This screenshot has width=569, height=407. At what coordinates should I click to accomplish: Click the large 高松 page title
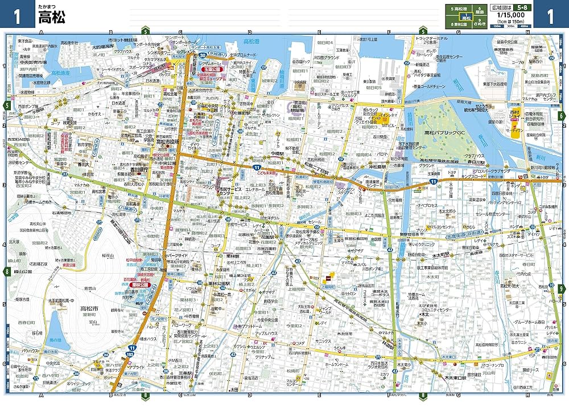[51, 17]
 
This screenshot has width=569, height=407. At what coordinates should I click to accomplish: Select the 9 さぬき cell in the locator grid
[480, 24]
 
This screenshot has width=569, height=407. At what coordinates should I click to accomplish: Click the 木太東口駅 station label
[456, 377]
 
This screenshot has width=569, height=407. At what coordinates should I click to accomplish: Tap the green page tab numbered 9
[562, 289]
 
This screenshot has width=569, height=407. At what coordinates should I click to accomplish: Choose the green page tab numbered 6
[562, 116]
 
